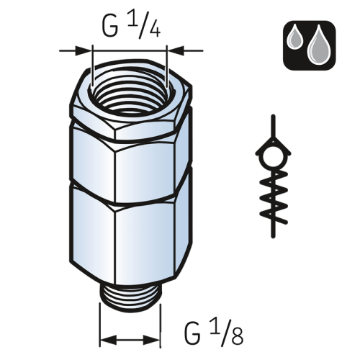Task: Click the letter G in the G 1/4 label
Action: [110, 27]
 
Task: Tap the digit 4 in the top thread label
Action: [154, 30]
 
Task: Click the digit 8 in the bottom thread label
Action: [238, 336]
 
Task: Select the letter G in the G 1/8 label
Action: [192, 334]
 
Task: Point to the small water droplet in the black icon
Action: [296, 37]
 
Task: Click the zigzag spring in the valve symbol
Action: [274, 196]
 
